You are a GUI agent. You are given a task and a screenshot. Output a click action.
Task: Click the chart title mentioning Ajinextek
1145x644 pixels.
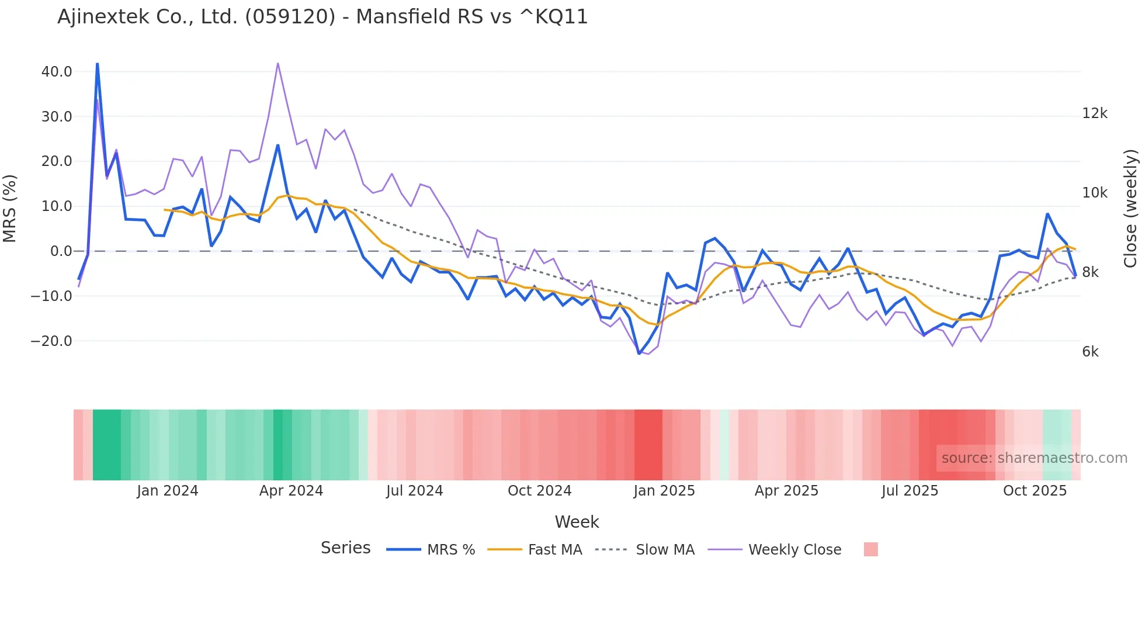322,17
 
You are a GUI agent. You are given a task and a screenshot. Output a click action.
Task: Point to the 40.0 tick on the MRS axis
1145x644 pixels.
57,72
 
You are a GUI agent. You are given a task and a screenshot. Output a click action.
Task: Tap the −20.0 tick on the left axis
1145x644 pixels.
51,341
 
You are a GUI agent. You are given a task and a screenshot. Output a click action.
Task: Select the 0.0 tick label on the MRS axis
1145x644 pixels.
61,251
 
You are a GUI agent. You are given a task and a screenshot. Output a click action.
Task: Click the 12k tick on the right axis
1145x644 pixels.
1094,113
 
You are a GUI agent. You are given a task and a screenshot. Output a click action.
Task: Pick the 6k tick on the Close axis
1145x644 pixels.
1090,352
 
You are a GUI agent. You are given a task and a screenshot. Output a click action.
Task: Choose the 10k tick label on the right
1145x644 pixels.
1094,193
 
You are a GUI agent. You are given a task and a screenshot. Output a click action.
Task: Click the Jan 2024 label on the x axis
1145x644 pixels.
168,491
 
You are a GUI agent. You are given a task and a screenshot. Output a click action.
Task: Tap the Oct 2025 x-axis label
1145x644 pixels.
1035,491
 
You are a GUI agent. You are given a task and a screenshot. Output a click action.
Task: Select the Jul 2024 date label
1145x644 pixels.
414,491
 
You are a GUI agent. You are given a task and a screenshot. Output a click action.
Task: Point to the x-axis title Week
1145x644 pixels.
577,522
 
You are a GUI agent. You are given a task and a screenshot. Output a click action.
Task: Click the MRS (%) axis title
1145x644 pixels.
10,208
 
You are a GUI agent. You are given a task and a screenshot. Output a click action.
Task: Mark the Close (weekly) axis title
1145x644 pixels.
1131,208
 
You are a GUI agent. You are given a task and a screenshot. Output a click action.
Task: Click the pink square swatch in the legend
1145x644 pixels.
870,549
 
